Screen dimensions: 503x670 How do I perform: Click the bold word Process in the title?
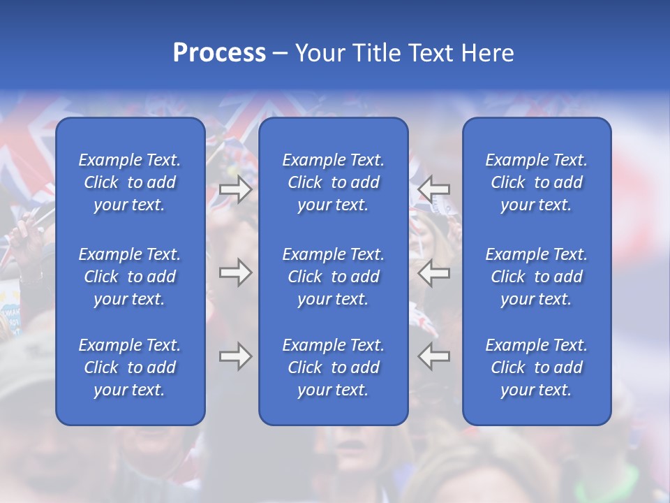(x=219, y=53)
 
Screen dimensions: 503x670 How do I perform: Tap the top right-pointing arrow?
(x=235, y=189)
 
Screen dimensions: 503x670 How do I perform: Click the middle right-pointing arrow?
(x=235, y=272)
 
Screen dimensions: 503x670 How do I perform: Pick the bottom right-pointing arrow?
(x=235, y=356)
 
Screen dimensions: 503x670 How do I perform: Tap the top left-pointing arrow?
(x=434, y=189)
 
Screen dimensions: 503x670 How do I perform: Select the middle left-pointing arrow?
(x=434, y=272)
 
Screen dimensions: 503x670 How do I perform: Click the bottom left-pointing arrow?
(x=434, y=356)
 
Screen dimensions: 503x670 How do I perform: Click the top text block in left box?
(x=130, y=182)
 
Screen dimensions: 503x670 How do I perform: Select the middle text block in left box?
(x=130, y=277)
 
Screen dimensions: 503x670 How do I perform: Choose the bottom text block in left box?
(x=130, y=367)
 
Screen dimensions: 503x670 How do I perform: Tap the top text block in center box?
(x=334, y=182)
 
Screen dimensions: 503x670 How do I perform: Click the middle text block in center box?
(x=334, y=277)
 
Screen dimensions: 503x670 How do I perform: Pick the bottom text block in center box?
(x=334, y=367)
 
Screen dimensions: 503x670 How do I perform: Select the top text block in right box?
(x=537, y=182)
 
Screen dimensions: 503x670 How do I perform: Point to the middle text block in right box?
(x=537, y=277)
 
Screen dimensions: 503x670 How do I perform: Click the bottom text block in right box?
(x=537, y=367)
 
